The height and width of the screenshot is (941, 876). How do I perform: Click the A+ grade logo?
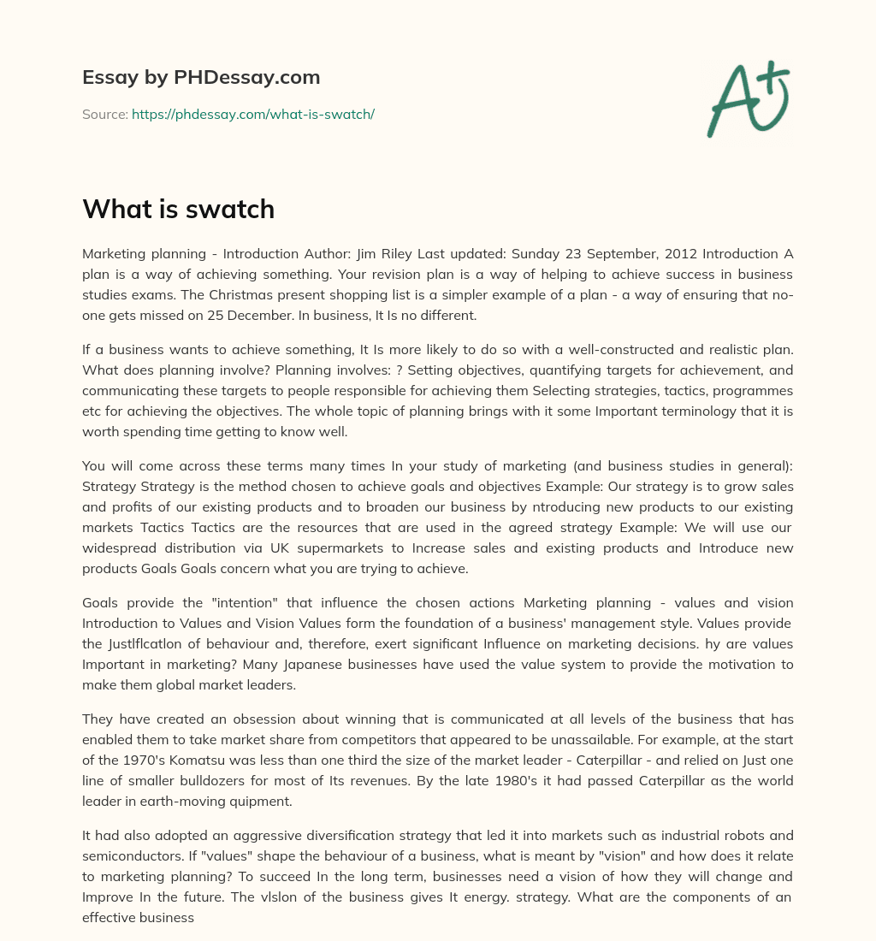749,99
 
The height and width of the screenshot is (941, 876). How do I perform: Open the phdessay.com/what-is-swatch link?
253,114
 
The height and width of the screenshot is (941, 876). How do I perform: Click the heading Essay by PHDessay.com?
201,77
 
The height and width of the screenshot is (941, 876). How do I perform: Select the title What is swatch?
178,208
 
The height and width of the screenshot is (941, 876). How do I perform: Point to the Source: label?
104,114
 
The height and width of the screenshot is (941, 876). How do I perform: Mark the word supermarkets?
324,547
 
